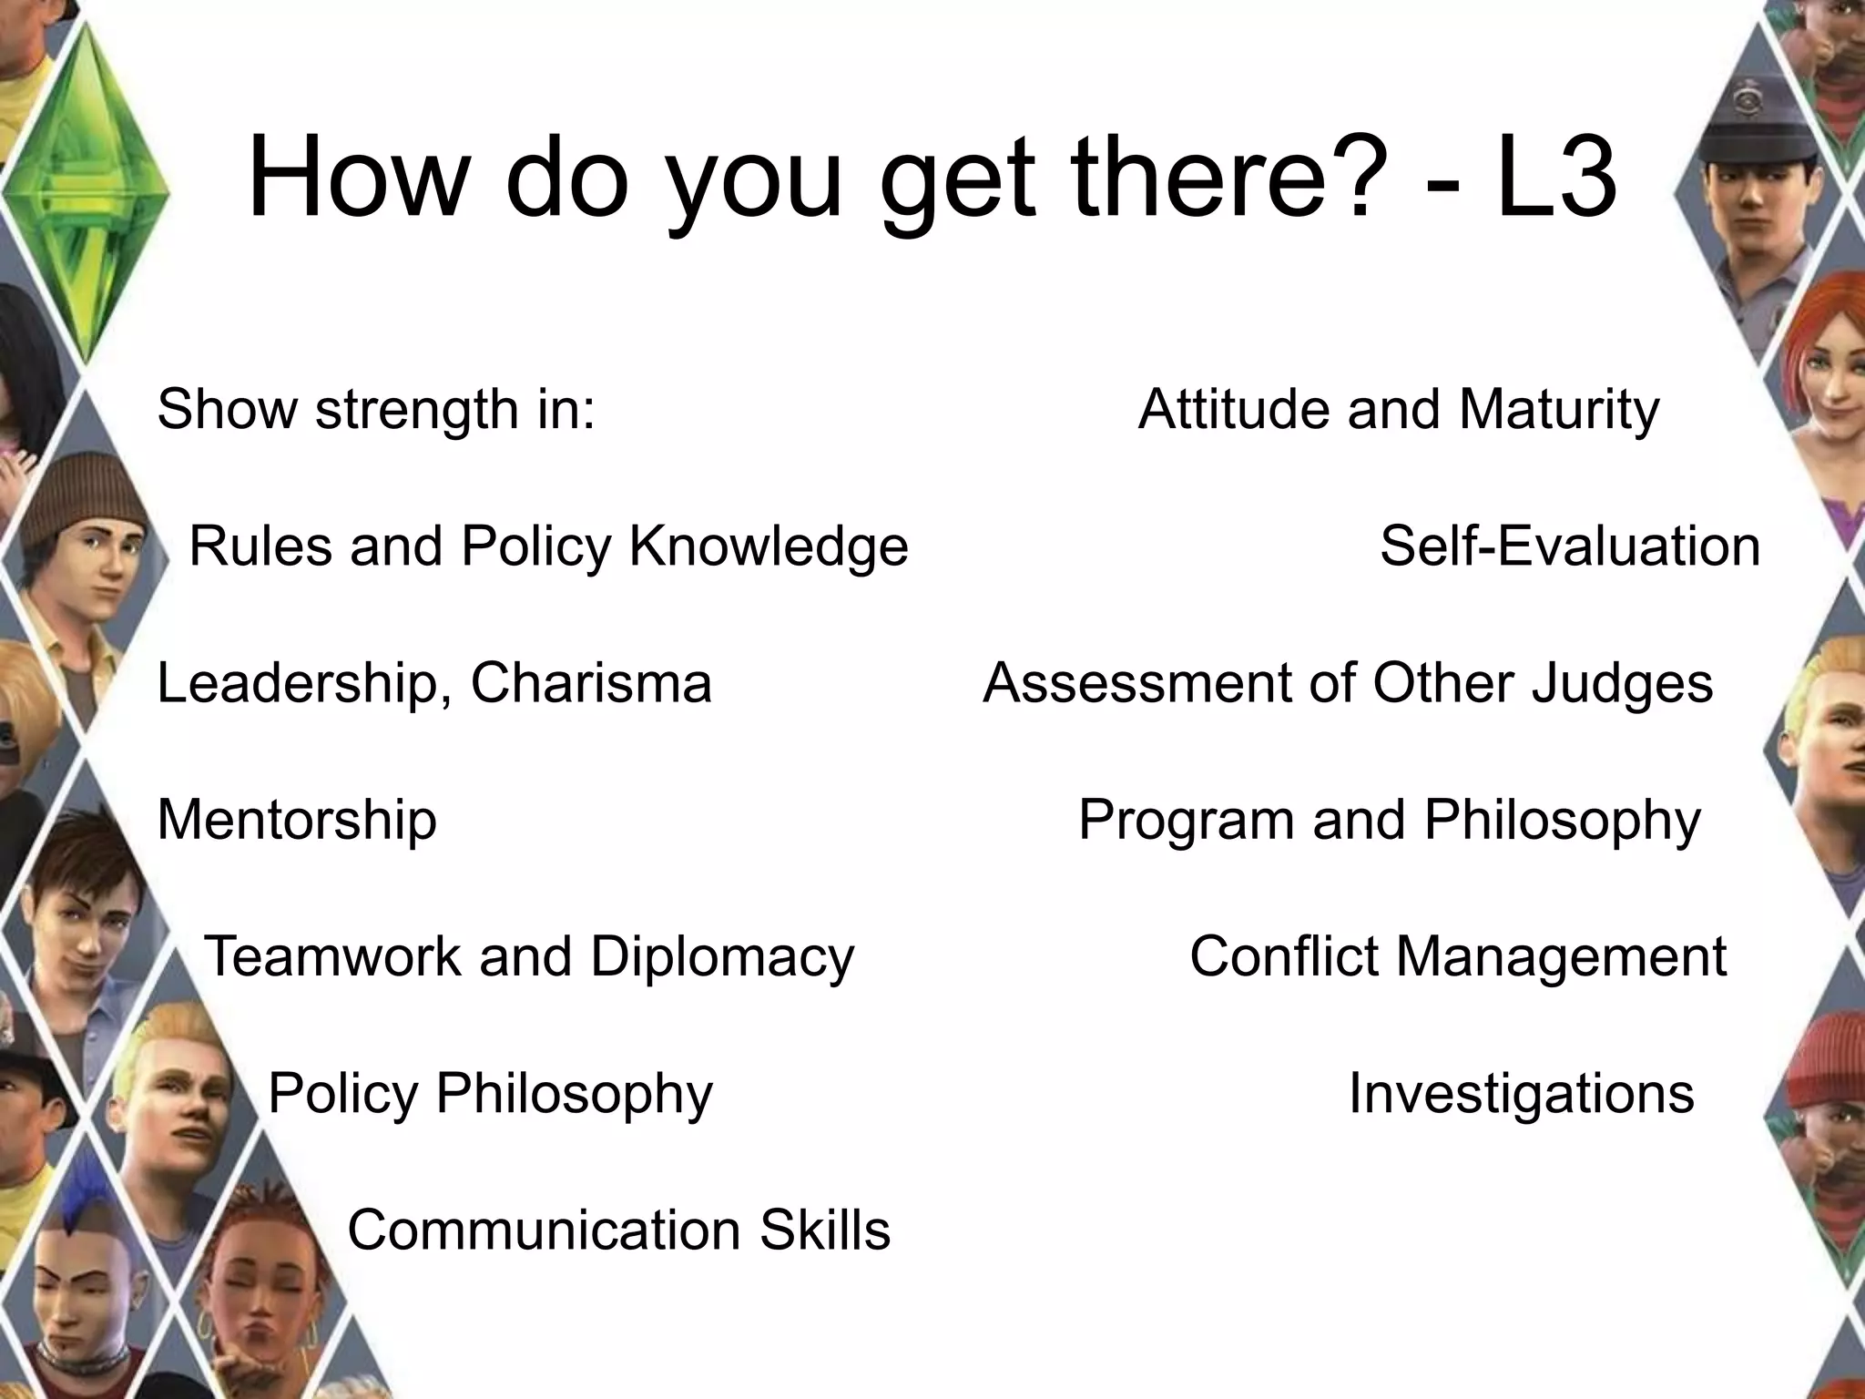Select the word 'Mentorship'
tap(297, 820)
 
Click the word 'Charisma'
tap(591, 683)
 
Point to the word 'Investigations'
tap(1521, 1093)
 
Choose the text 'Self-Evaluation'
tap(1570, 546)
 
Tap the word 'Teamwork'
tap(333, 956)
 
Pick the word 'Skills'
tap(825, 1230)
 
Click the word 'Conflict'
tap(1284, 956)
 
